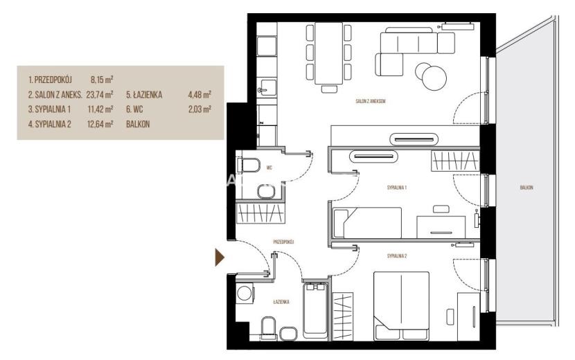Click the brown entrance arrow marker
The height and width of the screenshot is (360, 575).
coord(220,257)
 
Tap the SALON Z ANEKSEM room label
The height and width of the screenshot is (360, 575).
coord(371,101)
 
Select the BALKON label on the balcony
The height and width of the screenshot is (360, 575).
coord(527,188)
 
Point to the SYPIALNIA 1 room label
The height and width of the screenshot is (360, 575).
coord(397,188)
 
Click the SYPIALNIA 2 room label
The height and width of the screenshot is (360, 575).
coord(397,256)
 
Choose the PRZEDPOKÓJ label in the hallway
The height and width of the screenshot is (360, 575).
coord(284,242)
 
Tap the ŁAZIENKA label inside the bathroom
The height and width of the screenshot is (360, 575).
coord(281,302)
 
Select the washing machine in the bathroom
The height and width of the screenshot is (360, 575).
coord(245,293)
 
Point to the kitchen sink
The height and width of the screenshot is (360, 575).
coord(267,87)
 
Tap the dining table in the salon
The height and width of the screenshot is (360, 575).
coord(329,53)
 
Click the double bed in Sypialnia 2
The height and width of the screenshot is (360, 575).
coord(402,306)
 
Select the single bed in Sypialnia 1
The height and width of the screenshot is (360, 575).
coord(367,222)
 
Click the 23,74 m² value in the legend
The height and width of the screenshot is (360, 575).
coord(99,95)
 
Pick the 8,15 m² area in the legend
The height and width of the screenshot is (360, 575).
coord(102,79)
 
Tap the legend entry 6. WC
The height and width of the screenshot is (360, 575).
coord(134,109)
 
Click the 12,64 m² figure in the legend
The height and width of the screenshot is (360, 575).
coord(100,125)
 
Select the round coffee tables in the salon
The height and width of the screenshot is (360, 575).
coord(431,76)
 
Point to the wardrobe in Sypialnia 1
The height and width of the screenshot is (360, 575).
coord(455,161)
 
